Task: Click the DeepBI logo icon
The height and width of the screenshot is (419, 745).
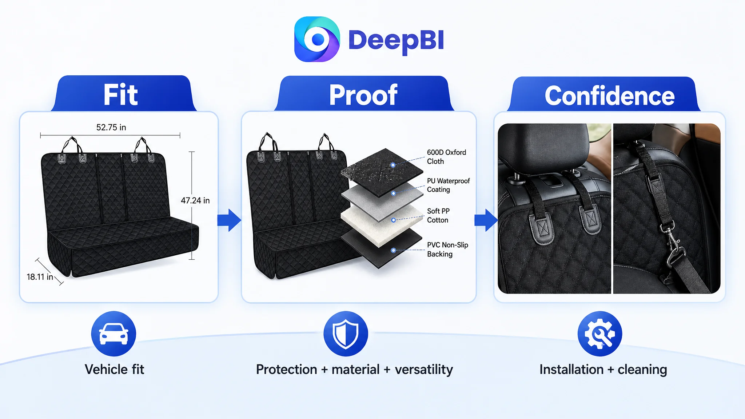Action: click(x=317, y=39)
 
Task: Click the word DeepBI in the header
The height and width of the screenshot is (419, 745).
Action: click(x=396, y=40)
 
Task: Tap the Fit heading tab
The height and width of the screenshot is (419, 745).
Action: click(x=123, y=93)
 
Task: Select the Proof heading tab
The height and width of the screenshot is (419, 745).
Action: click(x=364, y=93)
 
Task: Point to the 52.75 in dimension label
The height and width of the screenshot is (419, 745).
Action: click(x=111, y=127)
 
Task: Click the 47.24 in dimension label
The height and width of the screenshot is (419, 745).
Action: click(x=195, y=200)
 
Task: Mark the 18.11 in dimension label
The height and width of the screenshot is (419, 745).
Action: click(x=40, y=277)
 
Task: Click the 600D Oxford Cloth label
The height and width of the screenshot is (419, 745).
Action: click(x=446, y=157)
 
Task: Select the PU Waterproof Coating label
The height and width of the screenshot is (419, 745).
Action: click(x=448, y=185)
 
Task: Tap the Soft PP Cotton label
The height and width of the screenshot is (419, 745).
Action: click(x=438, y=215)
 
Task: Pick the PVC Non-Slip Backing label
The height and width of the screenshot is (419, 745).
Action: click(x=447, y=250)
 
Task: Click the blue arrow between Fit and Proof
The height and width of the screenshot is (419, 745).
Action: click(x=229, y=220)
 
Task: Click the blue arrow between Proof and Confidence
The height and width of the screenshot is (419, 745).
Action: click(x=486, y=220)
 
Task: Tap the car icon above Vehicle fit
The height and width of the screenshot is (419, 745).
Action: click(x=113, y=334)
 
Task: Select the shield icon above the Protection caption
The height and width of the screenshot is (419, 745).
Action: click(x=346, y=334)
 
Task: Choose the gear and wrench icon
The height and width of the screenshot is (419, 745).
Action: click(x=600, y=334)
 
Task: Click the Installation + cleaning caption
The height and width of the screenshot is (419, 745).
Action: click(x=603, y=370)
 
